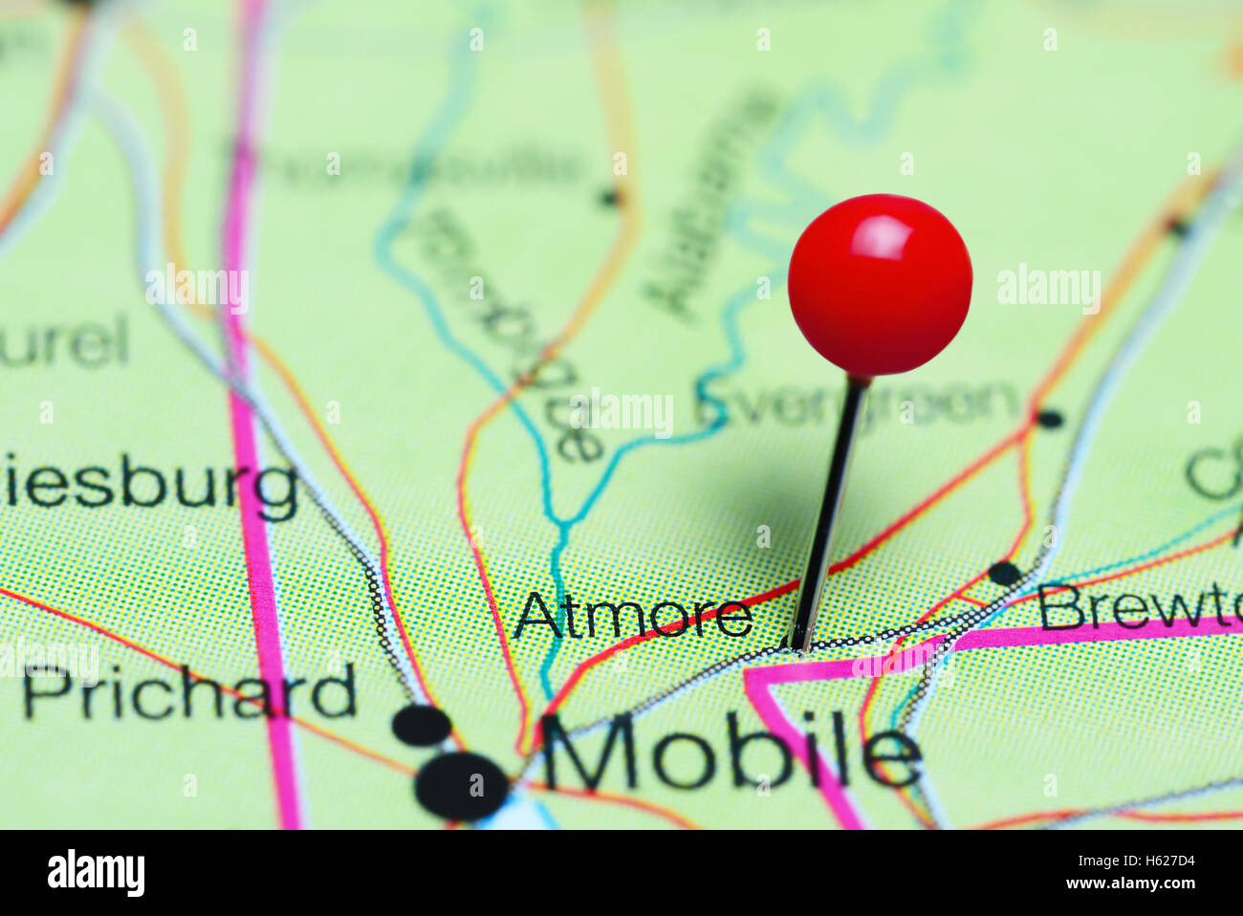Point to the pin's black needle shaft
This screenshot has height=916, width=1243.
[x=828, y=516]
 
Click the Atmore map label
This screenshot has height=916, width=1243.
[x=633, y=615]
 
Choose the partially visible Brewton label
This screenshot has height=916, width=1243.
[x=1139, y=607]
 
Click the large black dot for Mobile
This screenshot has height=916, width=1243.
[x=462, y=786]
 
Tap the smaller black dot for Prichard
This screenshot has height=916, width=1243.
[x=422, y=725]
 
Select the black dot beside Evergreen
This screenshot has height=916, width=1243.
[x=1050, y=418]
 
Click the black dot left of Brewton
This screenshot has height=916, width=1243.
[x=1004, y=574]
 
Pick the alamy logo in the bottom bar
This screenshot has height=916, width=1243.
[x=96, y=872]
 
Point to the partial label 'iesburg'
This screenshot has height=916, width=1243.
[x=148, y=484]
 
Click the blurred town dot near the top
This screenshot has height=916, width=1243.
[x=608, y=198]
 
